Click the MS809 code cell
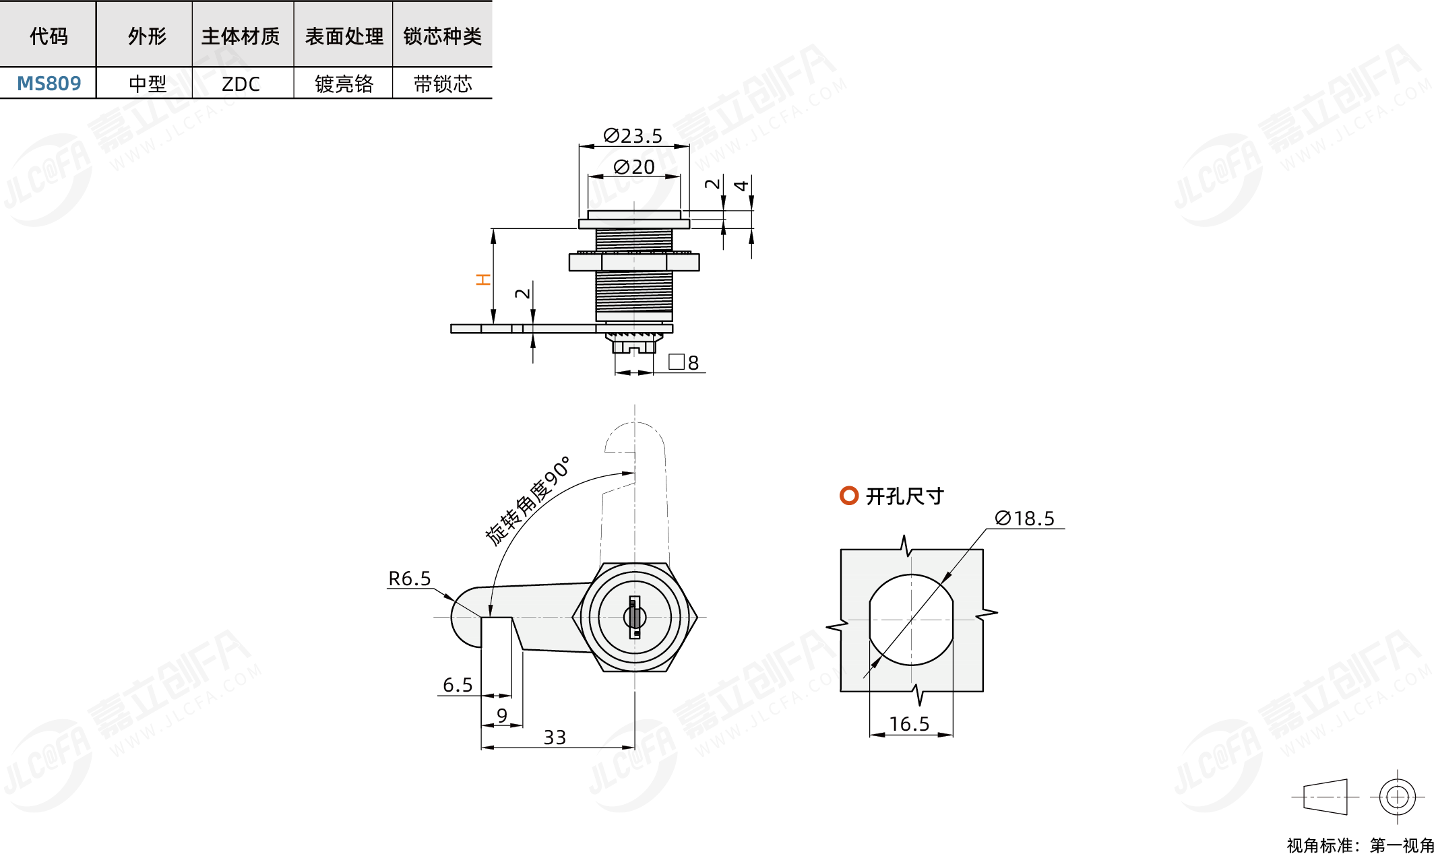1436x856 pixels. point(49,84)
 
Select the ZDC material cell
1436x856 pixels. point(241,84)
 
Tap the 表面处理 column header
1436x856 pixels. point(344,36)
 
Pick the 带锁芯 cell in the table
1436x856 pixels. point(443,84)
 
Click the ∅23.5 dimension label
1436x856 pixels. point(633,136)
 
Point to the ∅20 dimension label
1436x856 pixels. point(634,167)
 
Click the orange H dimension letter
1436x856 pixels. point(483,279)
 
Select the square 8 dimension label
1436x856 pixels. point(683,362)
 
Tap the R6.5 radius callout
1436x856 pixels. point(409,579)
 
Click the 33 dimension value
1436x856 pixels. point(555,737)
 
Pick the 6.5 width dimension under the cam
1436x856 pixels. point(458,685)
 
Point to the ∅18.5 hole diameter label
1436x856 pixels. point(1024,519)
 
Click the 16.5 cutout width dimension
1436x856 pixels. point(909,724)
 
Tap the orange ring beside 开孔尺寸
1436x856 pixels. point(849,496)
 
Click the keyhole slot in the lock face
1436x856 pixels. point(634,617)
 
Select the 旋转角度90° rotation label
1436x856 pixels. point(528,500)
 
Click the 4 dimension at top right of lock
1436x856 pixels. point(741,185)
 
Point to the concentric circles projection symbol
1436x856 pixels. point(1397,797)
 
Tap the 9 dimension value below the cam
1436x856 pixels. point(501,715)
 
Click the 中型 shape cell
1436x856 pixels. point(148,84)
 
